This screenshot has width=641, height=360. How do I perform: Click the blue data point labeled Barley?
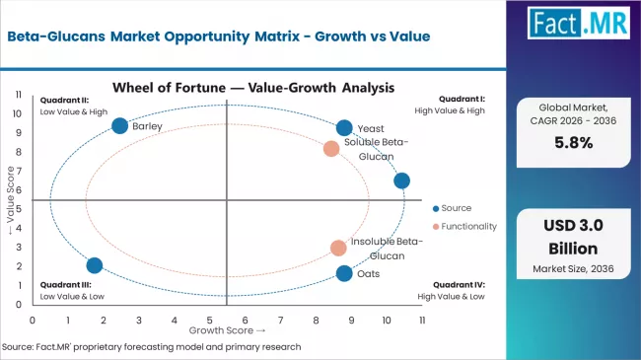pyautogui.click(x=120, y=125)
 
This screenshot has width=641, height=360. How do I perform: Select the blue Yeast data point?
pyautogui.click(x=344, y=127)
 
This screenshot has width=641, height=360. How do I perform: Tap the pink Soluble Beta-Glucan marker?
pyautogui.click(x=331, y=149)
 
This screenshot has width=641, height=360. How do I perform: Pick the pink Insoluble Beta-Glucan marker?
pyautogui.click(x=338, y=248)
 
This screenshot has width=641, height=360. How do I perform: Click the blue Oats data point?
pyautogui.click(x=343, y=273)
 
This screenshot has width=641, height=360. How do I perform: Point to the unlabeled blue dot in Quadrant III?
pyautogui.click(x=95, y=265)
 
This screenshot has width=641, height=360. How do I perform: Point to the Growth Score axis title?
pyautogui.click(x=228, y=330)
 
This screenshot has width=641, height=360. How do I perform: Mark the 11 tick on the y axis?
pyautogui.click(x=20, y=95)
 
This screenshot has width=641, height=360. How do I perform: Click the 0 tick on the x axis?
pyautogui.click(x=34, y=320)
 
